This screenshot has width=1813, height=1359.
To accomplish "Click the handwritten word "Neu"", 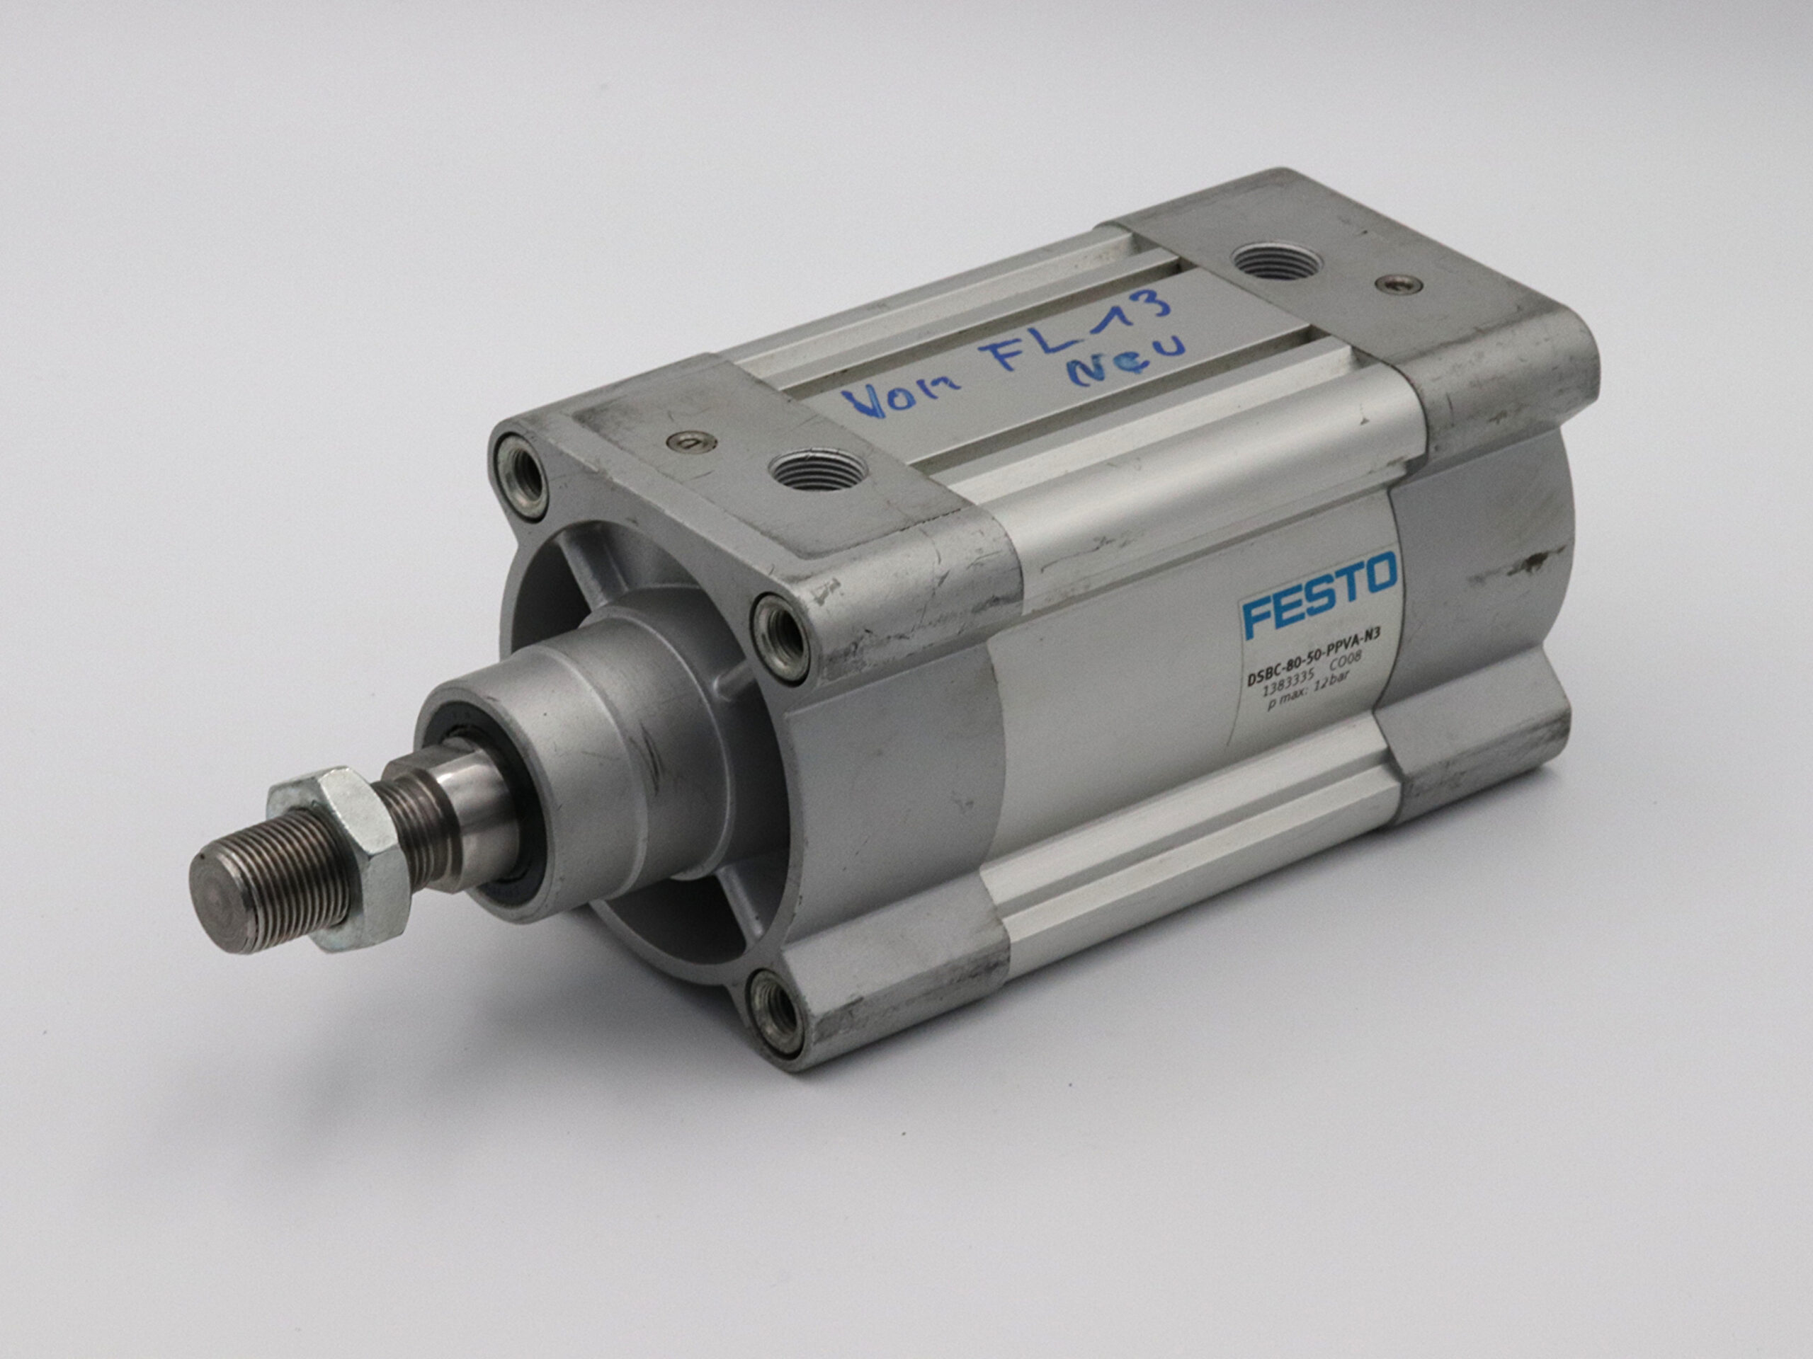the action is (x=1127, y=359).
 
